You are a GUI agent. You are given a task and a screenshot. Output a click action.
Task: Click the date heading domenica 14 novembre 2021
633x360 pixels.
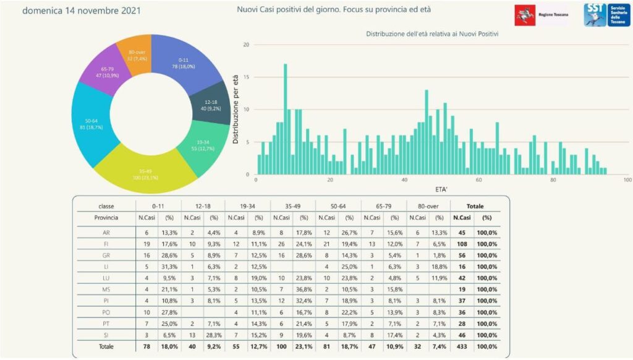[x=82, y=11]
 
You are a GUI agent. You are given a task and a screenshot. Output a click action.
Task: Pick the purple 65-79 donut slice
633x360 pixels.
[x=103, y=72]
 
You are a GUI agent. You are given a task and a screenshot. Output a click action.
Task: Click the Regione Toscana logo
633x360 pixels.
[x=542, y=14]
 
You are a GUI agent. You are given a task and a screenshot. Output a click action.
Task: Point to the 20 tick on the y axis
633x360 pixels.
[x=246, y=45]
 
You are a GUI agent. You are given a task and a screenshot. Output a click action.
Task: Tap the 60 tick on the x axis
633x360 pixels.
[x=478, y=180]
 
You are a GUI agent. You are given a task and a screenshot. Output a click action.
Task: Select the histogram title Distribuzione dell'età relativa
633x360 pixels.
[x=432, y=34]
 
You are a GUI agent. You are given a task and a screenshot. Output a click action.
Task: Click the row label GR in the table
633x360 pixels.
[x=106, y=255]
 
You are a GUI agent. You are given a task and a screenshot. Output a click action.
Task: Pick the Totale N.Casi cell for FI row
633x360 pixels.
[x=462, y=244]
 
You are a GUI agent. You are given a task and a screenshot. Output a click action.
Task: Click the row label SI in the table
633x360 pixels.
[x=106, y=334]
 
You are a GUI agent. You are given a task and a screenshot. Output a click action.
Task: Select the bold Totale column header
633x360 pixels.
[x=475, y=206]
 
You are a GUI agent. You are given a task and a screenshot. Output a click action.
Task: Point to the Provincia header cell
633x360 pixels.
[x=106, y=217]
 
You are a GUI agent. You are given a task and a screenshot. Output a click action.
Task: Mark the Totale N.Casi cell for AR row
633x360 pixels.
[x=462, y=233]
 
